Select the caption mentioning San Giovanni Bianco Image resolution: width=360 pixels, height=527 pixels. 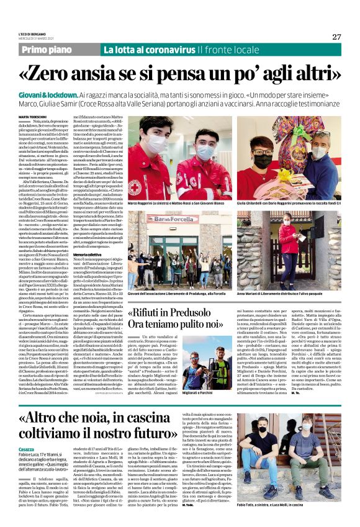pyautogui.click(x=179, y=203)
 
